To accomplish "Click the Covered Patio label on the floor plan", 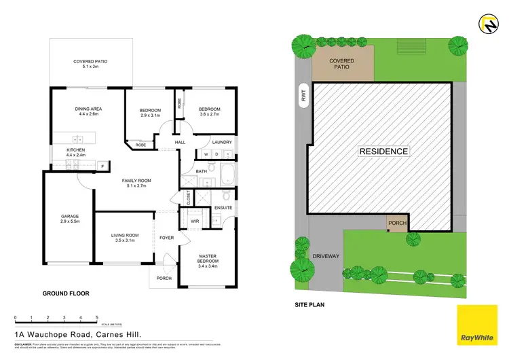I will coord(90,65).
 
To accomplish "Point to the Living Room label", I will coord(124,238).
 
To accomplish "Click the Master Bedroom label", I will coord(208,259).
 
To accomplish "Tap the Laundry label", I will coord(222,142).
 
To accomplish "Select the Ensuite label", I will coord(223,207).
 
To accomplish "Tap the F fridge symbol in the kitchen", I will coord(101,165).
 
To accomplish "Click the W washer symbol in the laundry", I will coord(205,154).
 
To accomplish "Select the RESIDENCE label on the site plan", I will coord(383,151).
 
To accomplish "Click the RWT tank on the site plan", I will coord(303,97).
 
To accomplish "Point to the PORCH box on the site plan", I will coord(397,222).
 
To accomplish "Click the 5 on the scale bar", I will coord(97,318).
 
